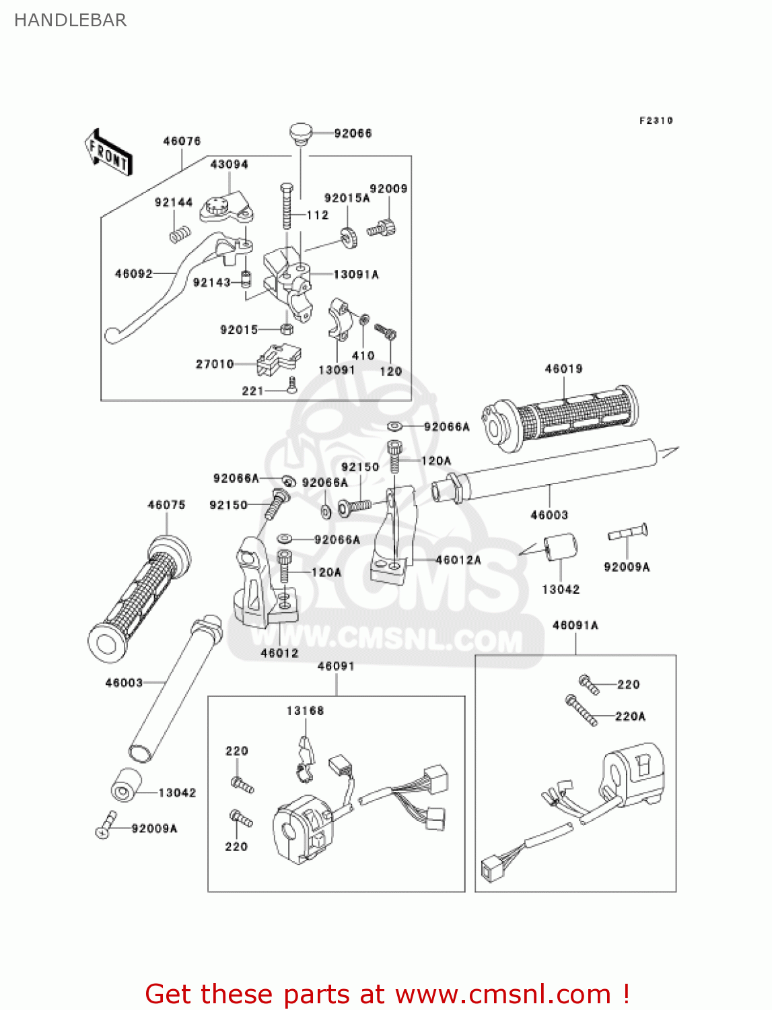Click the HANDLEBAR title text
[70, 20]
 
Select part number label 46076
[182, 141]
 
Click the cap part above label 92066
[301, 133]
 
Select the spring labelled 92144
[180, 234]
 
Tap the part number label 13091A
[356, 274]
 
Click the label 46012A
[458, 560]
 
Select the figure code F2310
[656, 121]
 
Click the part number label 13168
[305, 710]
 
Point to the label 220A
[630, 716]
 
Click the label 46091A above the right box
[575, 625]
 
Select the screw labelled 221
[291, 385]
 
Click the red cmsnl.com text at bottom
[387, 994]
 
